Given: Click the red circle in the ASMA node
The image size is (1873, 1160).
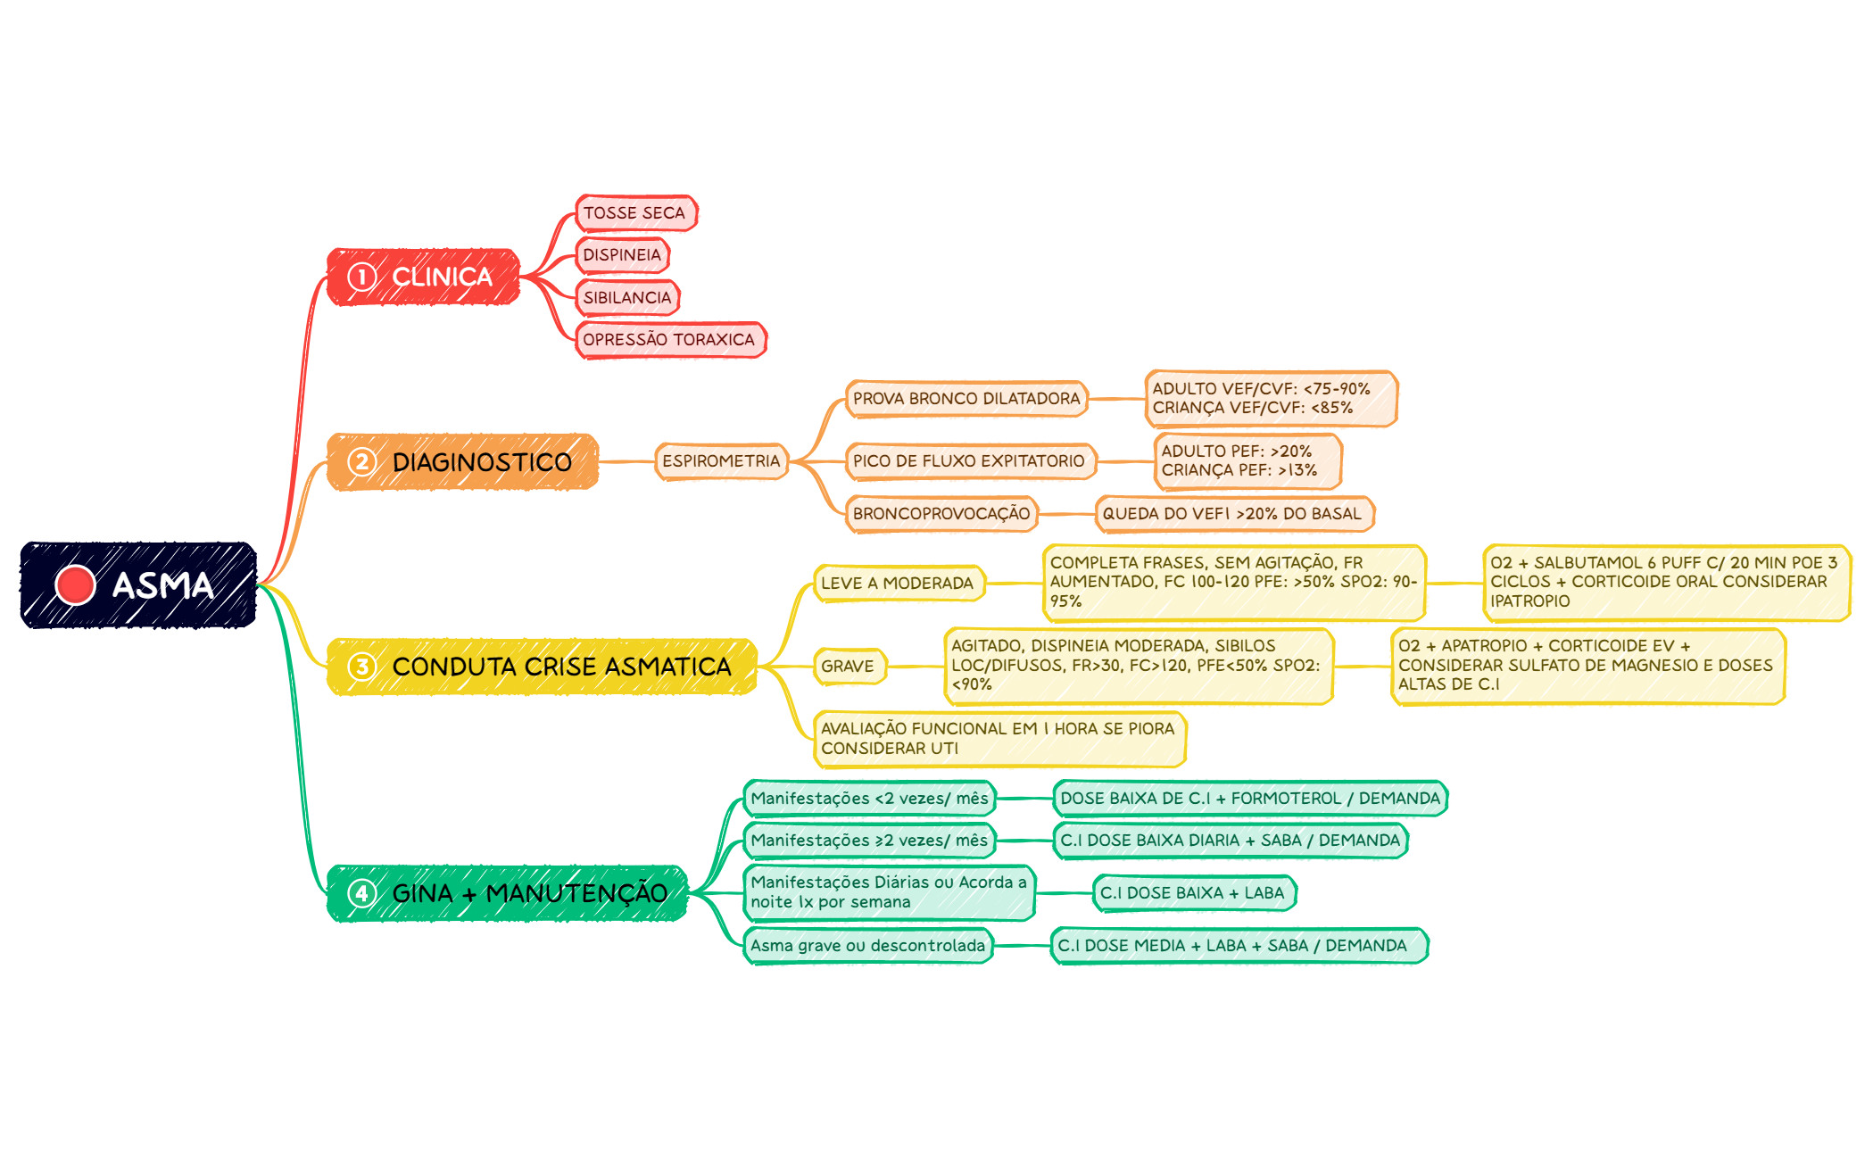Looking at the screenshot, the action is point(75,585).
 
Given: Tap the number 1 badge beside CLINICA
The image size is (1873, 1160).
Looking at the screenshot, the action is point(361,278).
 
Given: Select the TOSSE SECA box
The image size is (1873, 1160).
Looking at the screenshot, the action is point(636,213).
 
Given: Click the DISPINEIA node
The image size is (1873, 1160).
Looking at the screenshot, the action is point(622,255).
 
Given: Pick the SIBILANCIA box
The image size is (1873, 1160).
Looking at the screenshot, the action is point(627,297).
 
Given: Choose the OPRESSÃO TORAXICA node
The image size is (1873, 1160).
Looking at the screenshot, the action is point(670,340).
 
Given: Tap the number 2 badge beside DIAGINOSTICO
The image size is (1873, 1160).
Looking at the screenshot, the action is point(361,462).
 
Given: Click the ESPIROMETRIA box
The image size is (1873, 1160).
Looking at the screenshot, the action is point(721,461).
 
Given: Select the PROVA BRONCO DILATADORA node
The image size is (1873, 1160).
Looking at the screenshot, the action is point(966,399).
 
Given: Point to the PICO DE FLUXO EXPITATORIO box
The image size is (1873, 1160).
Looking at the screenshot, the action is point(970,461).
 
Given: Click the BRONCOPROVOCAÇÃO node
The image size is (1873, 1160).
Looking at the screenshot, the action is point(941,514).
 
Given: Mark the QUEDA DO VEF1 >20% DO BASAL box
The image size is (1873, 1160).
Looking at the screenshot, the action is point(1234,514).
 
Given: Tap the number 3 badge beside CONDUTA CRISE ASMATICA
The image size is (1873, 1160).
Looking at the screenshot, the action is point(361,667).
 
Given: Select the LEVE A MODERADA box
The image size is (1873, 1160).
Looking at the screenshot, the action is point(899,584).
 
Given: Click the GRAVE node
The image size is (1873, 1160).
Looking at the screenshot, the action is point(849,667).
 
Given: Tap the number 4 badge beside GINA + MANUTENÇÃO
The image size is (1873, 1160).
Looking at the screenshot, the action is point(361,893).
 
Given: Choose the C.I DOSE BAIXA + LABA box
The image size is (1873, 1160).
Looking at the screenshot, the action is point(1194,893).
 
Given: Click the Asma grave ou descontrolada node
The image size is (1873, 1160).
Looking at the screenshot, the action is point(868,946).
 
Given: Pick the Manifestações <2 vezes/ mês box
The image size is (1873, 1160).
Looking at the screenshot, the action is point(870,799).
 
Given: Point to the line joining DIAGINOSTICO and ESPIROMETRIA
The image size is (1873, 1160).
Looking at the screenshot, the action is point(626,462).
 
